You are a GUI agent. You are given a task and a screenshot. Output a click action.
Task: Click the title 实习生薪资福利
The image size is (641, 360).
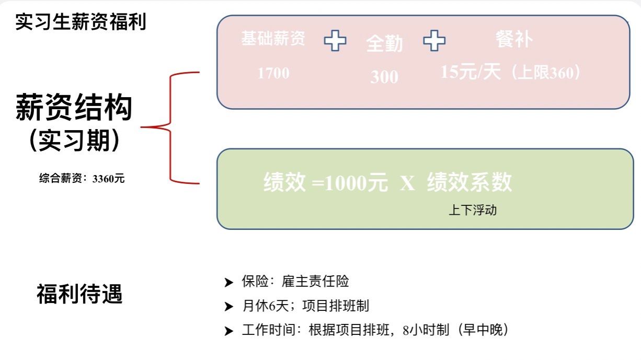point(81,22)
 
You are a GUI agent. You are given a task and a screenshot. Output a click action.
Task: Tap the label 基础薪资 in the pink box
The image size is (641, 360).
point(273,38)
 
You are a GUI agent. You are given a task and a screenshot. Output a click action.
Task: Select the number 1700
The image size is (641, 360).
point(273,73)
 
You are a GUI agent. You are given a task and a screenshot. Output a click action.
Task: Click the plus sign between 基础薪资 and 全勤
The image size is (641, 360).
point(335,41)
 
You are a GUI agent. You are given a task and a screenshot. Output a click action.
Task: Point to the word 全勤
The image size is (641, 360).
point(384,44)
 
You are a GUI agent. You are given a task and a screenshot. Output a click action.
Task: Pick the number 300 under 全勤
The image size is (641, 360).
point(384,77)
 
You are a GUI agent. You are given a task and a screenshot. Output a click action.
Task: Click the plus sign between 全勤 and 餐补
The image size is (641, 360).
point(434,41)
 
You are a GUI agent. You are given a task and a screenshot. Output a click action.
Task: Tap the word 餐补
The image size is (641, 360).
point(513,40)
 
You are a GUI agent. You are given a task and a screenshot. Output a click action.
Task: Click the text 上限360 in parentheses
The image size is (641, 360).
point(544,73)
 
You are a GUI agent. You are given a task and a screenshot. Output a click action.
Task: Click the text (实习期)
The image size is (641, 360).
point(74,140)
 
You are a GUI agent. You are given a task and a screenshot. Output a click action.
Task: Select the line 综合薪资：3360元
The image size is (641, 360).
point(82,179)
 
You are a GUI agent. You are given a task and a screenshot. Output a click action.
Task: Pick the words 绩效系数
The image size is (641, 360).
point(469,183)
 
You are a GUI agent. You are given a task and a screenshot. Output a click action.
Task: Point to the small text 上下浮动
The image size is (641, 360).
point(472,211)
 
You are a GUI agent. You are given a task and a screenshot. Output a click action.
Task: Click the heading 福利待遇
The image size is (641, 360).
point(79,294)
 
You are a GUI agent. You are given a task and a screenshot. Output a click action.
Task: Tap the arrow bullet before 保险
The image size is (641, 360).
point(228,283)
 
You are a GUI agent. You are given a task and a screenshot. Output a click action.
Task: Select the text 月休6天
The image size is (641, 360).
point(268,306)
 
